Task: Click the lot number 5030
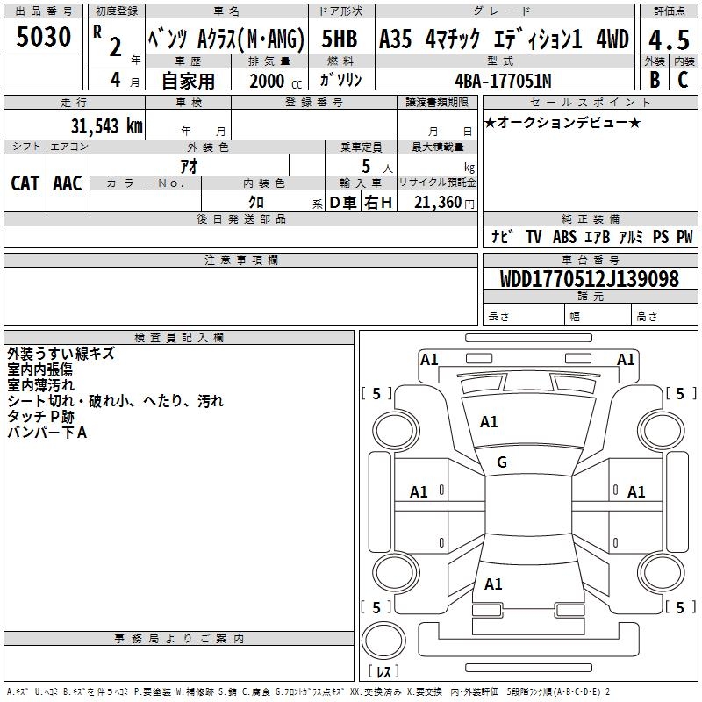pyautogui.click(x=44, y=39)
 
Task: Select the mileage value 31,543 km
pyautogui.click(x=106, y=125)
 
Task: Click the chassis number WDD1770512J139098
pyautogui.click(x=590, y=280)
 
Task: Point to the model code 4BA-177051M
pyautogui.click(x=503, y=81)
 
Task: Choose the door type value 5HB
pyautogui.click(x=340, y=39)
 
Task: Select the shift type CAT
pyautogui.click(x=25, y=183)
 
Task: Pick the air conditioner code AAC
pyautogui.click(x=68, y=183)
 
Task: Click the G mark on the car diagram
pyautogui.click(x=502, y=462)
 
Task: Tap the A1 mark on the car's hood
pyautogui.click(x=489, y=422)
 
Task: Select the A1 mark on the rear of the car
pyautogui.click(x=493, y=584)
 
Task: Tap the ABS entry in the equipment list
pyautogui.click(x=565, y=237)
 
